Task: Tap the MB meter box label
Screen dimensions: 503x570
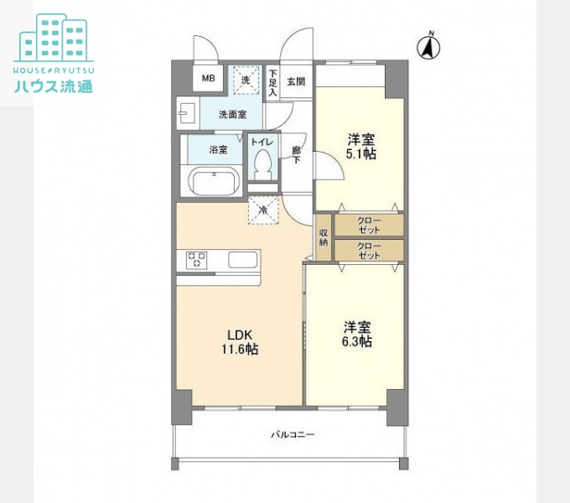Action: tap(207, 80)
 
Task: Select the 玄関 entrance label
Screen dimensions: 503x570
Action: tap(296, 81)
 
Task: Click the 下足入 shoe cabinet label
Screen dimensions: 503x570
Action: tap(272, 82)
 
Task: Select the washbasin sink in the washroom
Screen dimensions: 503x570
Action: tap(187, 112)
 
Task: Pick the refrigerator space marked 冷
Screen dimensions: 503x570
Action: tap(262, 210)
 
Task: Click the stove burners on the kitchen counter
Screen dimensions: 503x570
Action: tap(196, 260)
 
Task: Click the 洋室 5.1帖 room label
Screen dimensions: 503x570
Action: tap(360, 148)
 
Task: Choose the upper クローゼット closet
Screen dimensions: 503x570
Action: tap(369, 225)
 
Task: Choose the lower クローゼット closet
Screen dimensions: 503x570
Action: tap(369, 250)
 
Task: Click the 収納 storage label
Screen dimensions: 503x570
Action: tap(324, 237)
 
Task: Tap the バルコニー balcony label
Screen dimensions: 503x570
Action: tap(292, 434)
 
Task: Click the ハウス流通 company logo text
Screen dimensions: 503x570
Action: tap(54, 86)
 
